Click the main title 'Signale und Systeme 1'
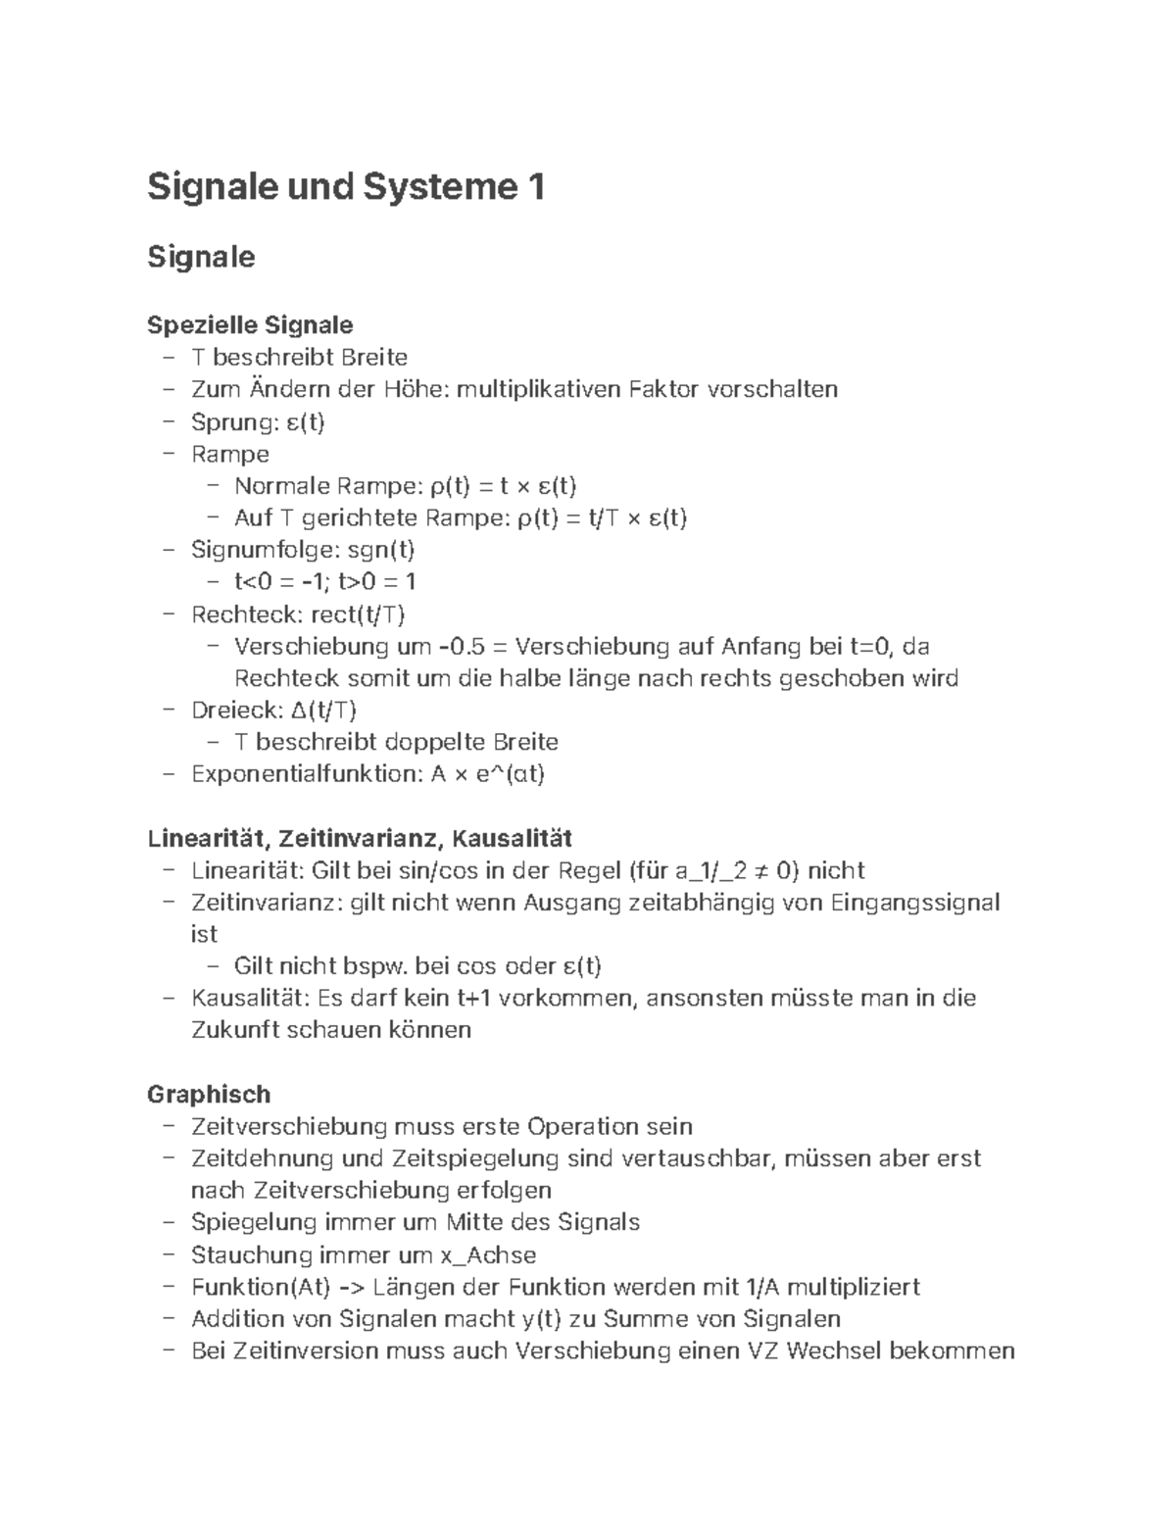tap(345, 186)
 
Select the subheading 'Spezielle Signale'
tap(250, 324)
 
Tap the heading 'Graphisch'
tap(209, 1094)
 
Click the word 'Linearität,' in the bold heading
tap(209, 839)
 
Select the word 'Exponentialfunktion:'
tap(307, 774)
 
